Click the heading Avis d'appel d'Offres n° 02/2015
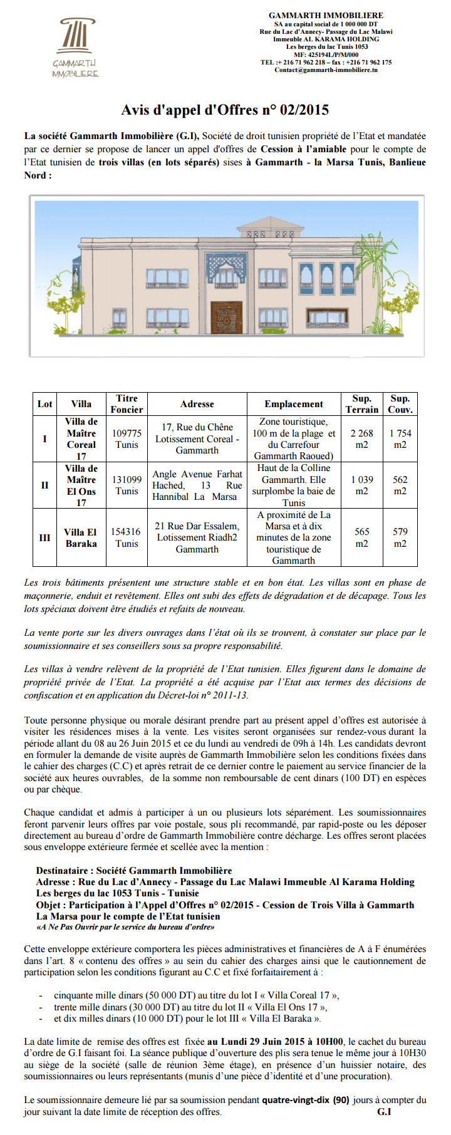click(225, 110)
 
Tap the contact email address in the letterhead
click(326, 70)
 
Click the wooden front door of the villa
click(226, 320)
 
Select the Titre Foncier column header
click(127, 404)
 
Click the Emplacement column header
click(293, 404)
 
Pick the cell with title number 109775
click(127, 438)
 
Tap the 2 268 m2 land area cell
click(361, 438)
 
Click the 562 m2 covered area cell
click(400, 485)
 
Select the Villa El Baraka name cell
click(81, 537)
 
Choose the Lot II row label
click(44, 485)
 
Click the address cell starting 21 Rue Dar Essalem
click(197, 537)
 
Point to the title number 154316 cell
click(127, 537)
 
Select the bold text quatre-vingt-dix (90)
click(306, 1100)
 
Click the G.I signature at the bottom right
click(384, 1112)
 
